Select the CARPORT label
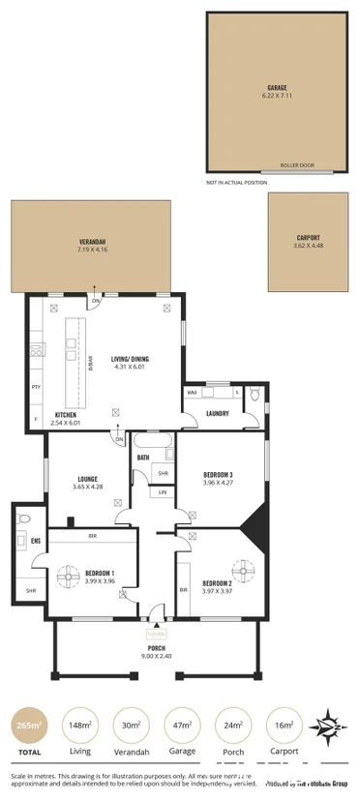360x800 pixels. coord(308,237)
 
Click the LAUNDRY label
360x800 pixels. coord(217,414)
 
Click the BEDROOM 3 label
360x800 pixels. coord(218,474)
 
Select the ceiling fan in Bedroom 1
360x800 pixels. coord(69,577)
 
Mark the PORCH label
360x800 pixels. coord(156,649)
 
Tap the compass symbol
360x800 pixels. coord(331,724)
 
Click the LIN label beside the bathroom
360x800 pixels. coord(162,492)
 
